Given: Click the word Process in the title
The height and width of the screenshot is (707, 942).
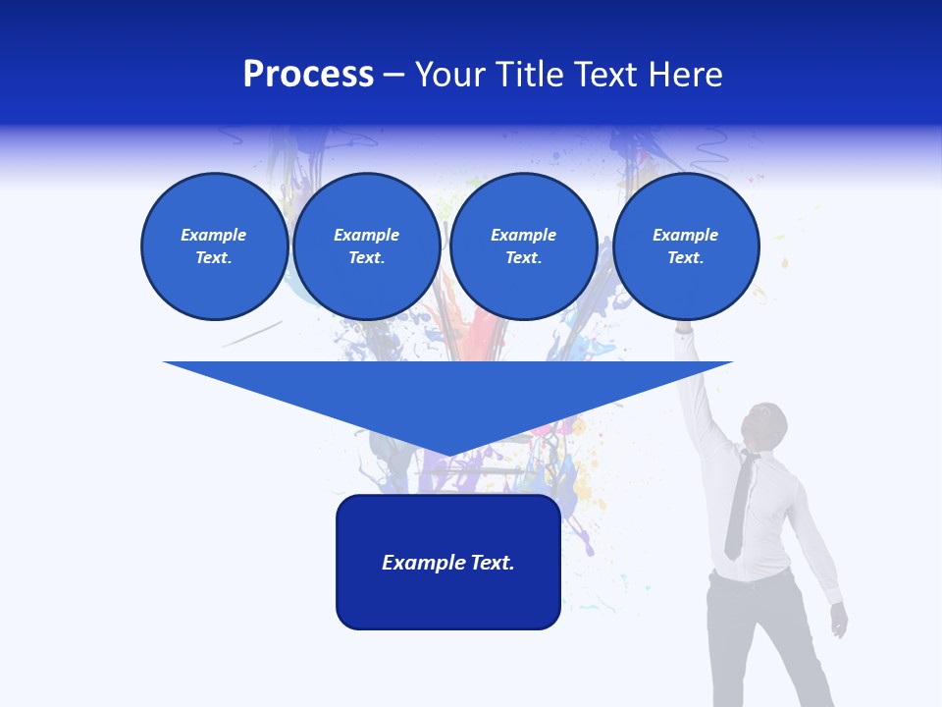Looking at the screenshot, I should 308,75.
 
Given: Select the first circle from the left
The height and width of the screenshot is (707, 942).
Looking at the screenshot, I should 215,246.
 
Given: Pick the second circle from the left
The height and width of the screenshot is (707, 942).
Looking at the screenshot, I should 367,246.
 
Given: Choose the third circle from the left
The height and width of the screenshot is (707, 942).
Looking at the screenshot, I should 524,246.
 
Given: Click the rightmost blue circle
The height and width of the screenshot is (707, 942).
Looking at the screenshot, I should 686,246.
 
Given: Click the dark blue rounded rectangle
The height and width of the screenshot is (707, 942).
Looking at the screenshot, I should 448,599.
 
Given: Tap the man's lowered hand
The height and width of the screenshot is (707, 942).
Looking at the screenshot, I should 838,620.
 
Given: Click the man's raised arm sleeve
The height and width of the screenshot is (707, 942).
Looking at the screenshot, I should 699,393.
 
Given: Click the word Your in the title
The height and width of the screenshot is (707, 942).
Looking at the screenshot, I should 450,75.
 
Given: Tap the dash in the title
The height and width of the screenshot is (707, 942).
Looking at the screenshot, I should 393,75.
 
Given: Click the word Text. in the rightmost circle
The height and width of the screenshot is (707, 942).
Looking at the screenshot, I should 686,258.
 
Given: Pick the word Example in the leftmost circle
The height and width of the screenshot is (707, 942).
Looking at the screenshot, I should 214,235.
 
